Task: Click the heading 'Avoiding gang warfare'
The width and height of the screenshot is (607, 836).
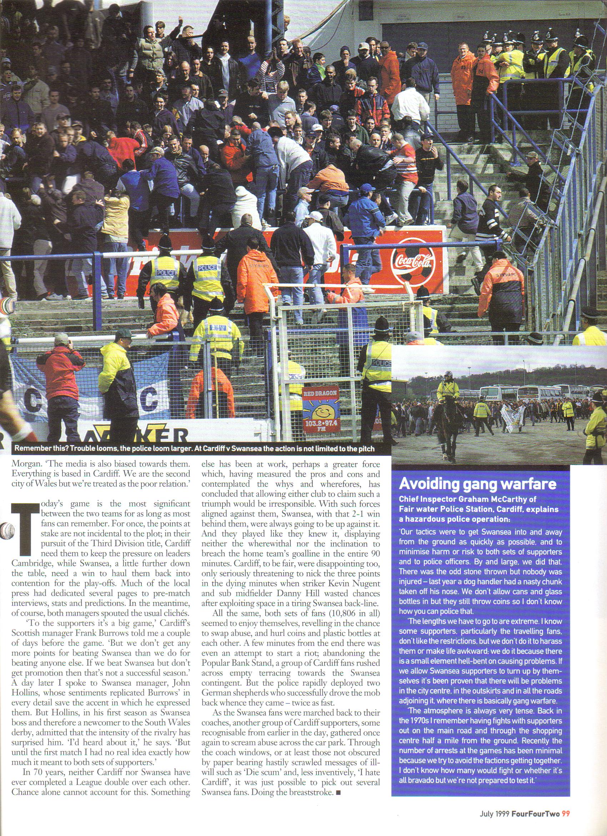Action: point(477,484)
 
